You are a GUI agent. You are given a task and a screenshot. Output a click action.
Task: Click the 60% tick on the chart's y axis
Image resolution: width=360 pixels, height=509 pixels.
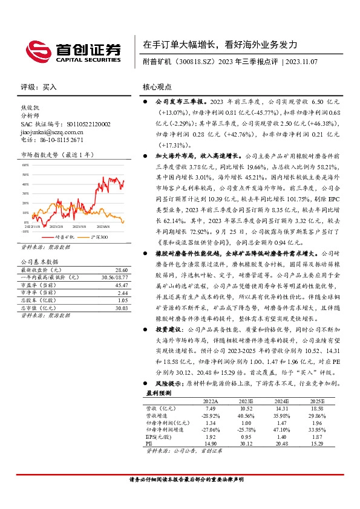[25, 164]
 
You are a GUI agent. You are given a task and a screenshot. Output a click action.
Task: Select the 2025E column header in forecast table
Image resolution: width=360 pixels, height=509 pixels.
[318, 401]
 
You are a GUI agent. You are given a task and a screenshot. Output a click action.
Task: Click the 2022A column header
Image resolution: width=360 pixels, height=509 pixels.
[211, 401]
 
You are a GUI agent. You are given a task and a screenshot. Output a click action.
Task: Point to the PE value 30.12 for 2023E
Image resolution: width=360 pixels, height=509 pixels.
[246, 443]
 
